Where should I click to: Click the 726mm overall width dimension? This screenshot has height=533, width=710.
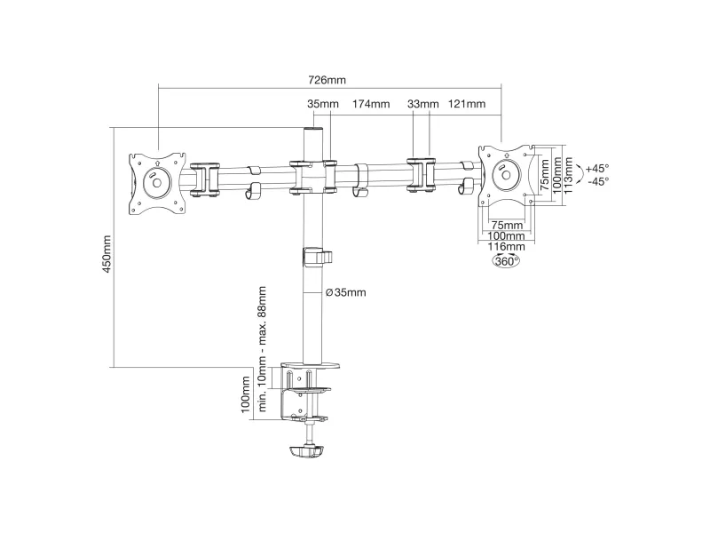tap(329, 80)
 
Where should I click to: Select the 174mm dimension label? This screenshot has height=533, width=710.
tap(371, 104)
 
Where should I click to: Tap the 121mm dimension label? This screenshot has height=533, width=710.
tap(467, 104)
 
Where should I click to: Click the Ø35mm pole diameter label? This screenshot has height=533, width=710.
tap(345, 292)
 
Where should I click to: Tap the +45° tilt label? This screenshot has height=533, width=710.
tap(596, 168)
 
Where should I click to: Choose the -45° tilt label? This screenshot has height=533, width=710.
tap(596, 181)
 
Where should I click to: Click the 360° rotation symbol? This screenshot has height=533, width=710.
tap(506, 261)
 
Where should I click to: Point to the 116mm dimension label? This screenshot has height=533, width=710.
tap(506, 247)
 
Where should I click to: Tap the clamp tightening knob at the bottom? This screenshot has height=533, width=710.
tap(307, 453)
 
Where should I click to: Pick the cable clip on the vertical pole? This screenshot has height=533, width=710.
tap(317, 257)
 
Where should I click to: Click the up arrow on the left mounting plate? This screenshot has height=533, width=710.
tap(157, 163)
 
